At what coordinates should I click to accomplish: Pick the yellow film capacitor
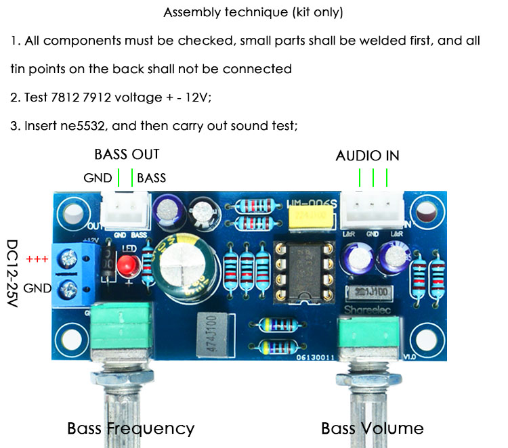point(309,217)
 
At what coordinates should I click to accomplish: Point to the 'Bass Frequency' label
point(131,428)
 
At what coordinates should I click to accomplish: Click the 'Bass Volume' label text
point(372,428)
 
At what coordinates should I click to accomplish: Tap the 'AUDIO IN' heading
point(367,156)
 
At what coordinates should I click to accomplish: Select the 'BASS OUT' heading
point(127,154)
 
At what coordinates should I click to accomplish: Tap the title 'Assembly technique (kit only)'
point(253,13)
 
